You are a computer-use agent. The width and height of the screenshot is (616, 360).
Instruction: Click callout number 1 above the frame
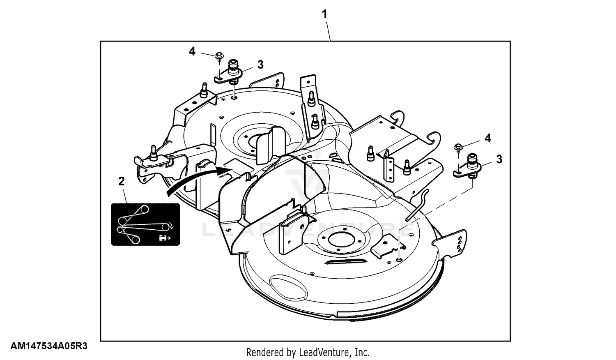click(324, 14)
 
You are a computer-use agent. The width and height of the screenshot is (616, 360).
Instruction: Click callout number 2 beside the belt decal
click(121, 181)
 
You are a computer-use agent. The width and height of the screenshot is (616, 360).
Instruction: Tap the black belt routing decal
click(145, 224)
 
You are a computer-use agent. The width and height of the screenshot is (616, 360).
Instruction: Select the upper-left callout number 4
click(192, 51)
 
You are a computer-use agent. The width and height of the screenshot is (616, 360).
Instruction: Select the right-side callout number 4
click(487, 138)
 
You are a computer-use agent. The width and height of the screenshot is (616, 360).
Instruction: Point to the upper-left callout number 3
click(260, 65)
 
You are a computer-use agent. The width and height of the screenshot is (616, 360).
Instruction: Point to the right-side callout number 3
click(499, 159)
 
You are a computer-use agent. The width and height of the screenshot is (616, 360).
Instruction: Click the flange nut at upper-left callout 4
click(219, 55)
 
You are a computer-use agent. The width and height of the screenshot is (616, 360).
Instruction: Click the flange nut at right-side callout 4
click(458, 147)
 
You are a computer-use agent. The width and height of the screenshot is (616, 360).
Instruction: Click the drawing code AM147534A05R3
click(49, 346)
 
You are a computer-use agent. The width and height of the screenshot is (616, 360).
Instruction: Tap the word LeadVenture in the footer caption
click(324, 352)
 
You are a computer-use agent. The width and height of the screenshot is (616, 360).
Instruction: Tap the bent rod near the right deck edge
click(418, 205)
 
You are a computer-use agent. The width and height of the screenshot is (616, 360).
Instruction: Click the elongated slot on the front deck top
click(346, 261)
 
